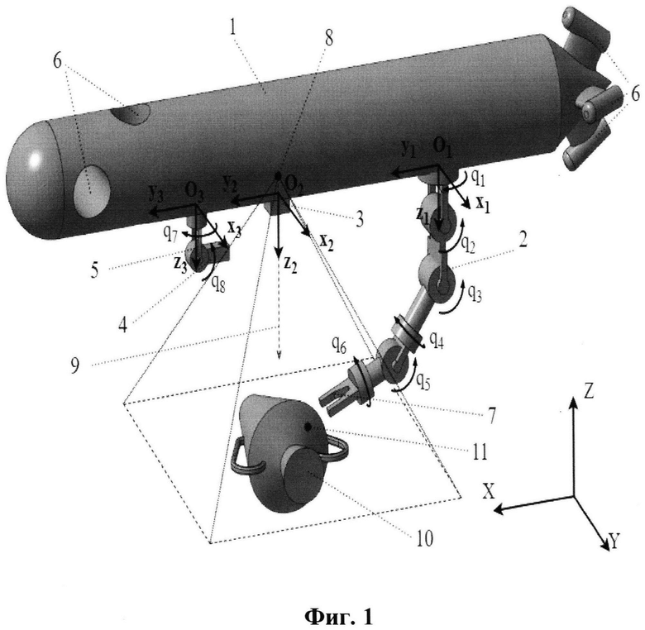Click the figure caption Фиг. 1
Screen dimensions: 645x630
(x=339, y=617)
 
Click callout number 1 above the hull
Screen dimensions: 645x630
(x=234, y=27)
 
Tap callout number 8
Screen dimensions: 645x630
(x=328, y=38)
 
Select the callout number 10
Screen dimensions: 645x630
(x=425, y=538)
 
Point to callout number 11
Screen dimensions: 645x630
(x=479, y=451)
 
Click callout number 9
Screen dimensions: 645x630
(x=74, y=365)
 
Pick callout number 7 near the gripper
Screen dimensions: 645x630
(x=492, y=415)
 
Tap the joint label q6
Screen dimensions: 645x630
(x=339, y=348)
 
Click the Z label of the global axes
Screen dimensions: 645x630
(x=589, y=392)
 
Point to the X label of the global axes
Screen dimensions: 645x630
(x=489, y=491)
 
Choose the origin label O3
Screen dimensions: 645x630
(x=194, y=191)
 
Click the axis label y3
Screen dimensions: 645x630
(x=156, y=193)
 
